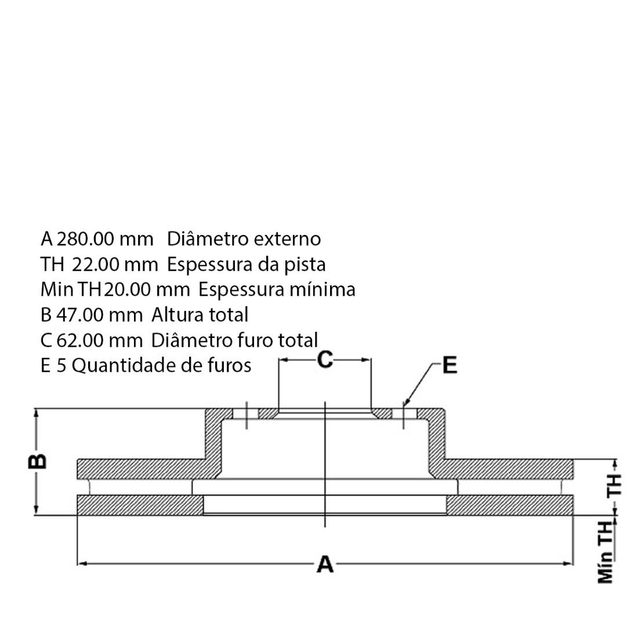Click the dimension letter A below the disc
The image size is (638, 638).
coord(325,564)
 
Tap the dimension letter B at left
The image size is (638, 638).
coord(38,462)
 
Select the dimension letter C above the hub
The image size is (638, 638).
coord(325,360)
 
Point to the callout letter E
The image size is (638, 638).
coord(449,366)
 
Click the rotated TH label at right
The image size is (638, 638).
coord(614,484)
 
